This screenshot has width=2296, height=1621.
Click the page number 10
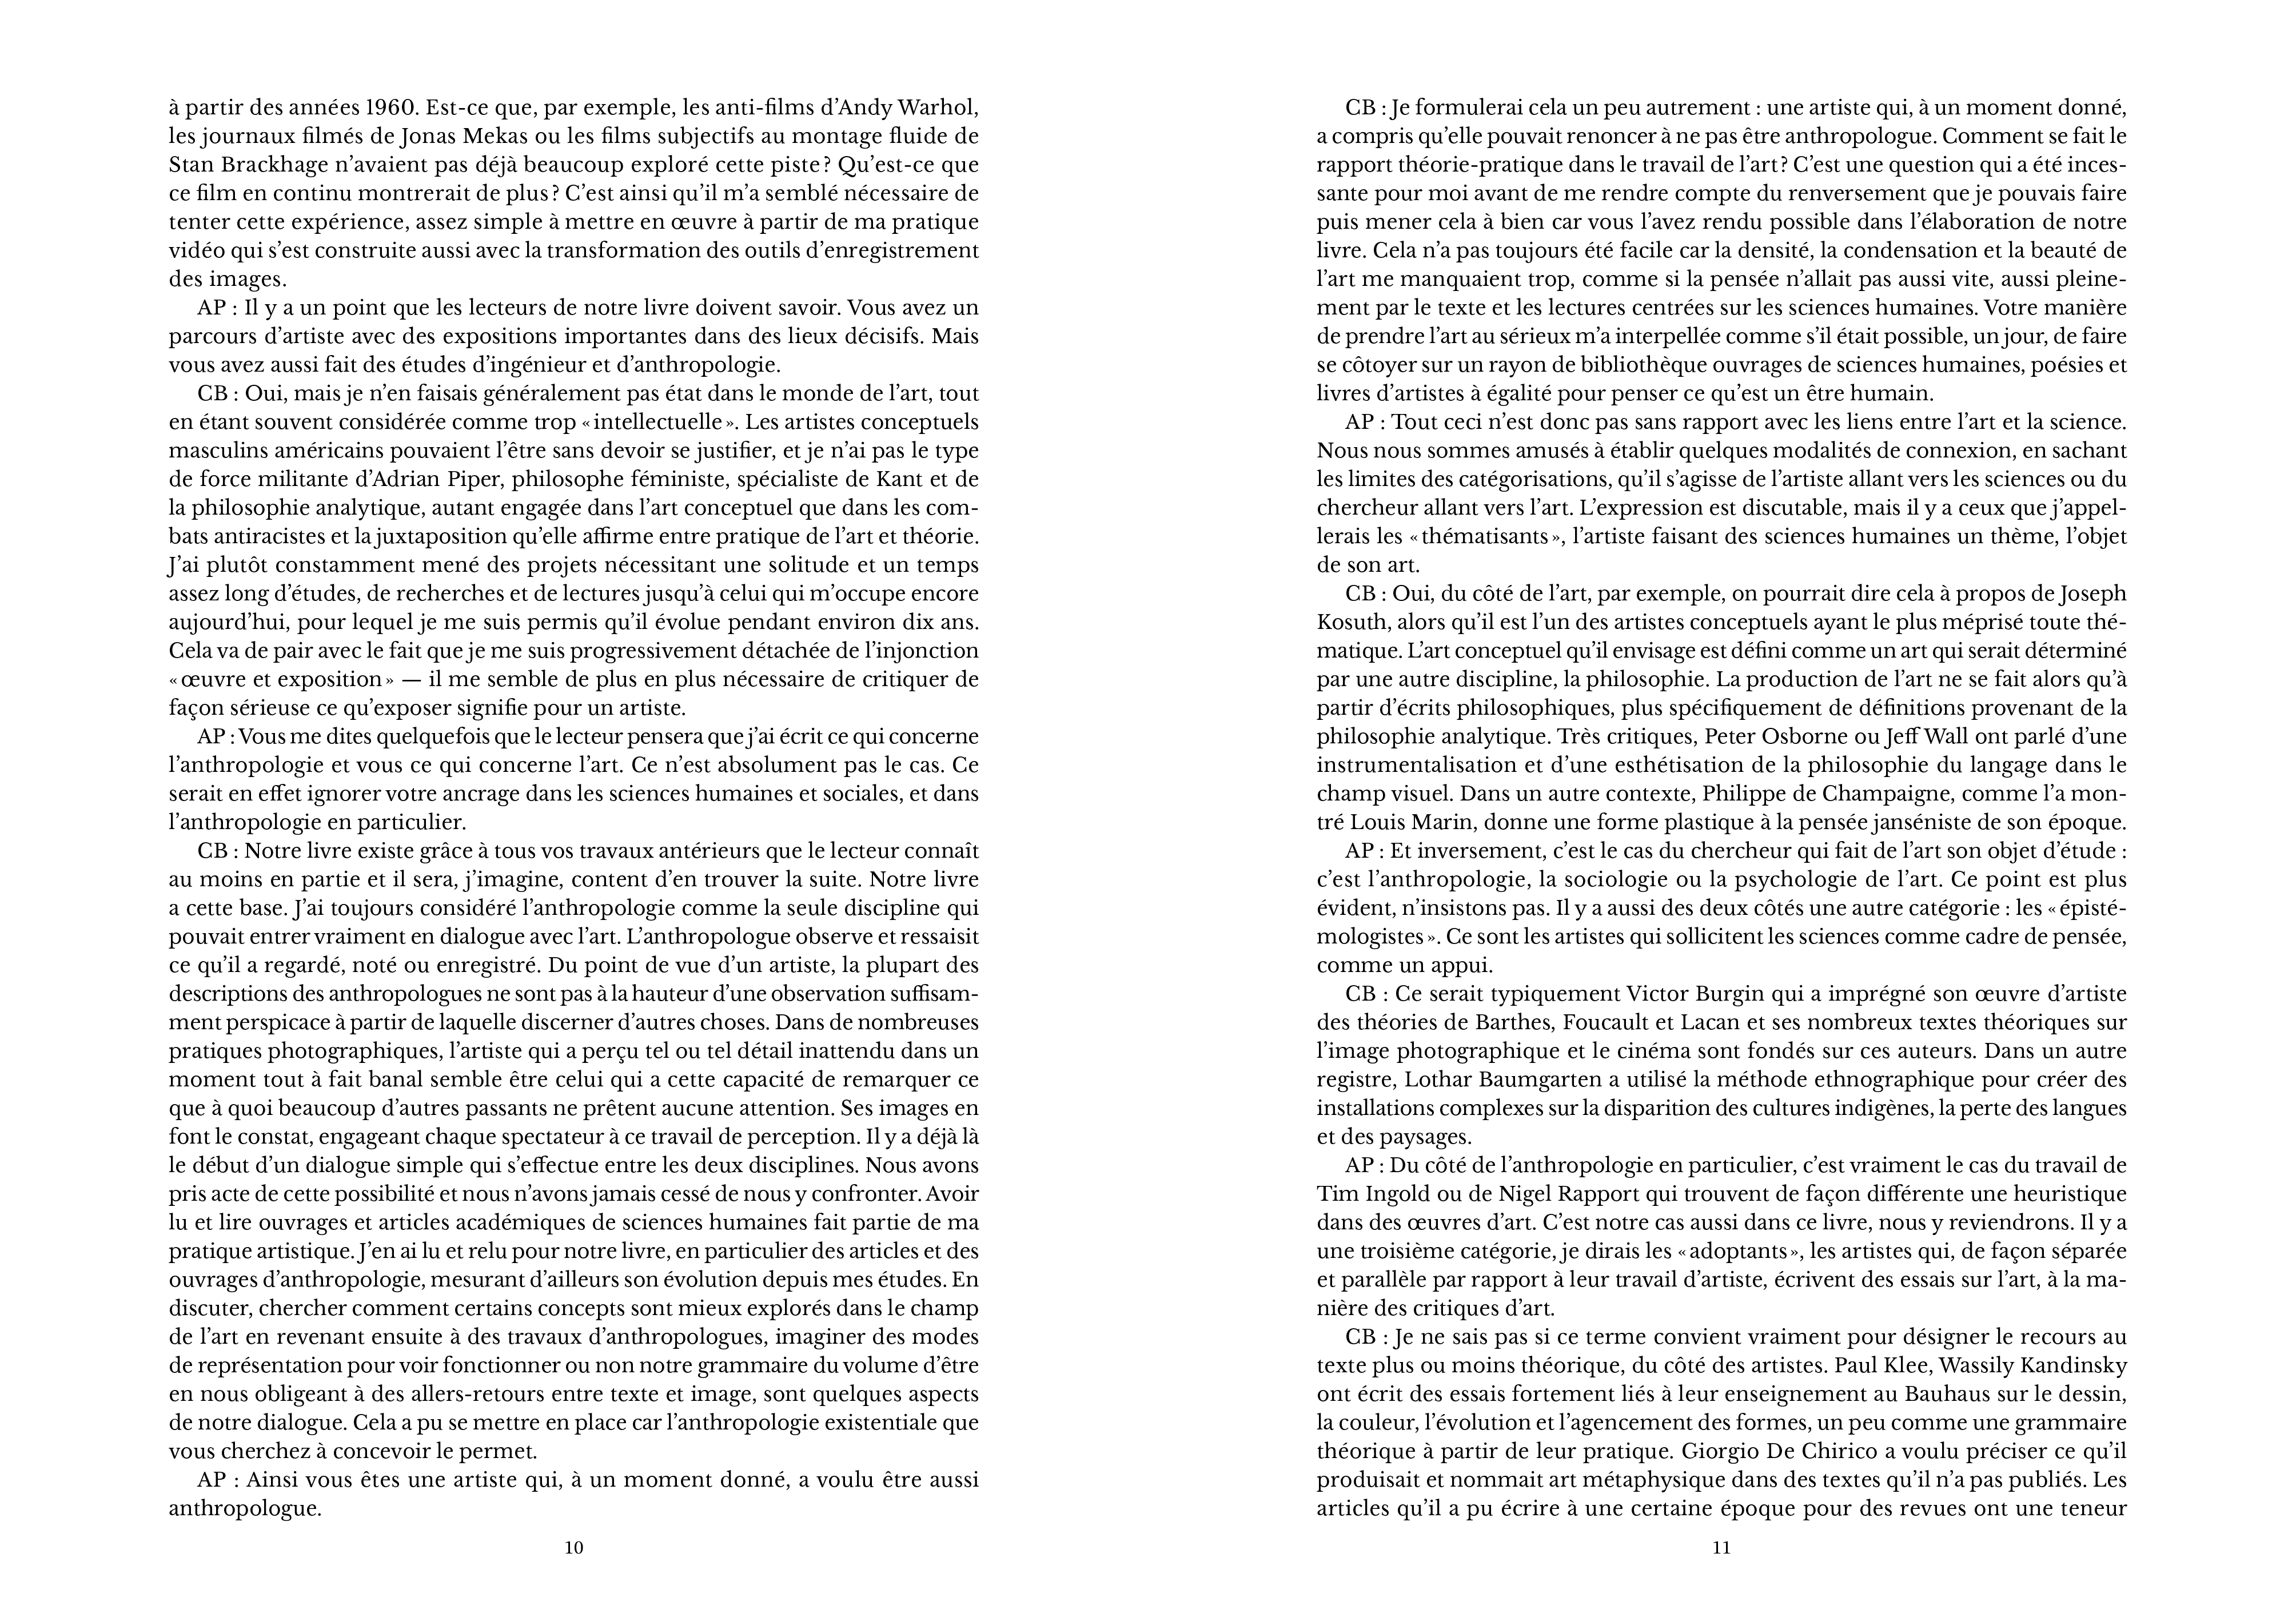point(574,1548)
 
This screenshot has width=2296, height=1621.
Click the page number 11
point(1721,1548)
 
